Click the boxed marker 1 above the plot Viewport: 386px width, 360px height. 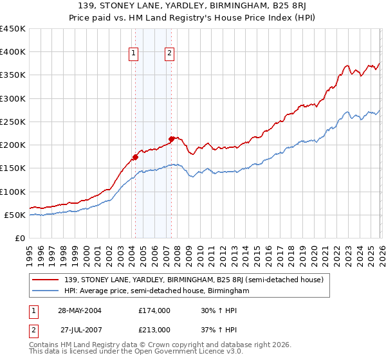click(134, 54)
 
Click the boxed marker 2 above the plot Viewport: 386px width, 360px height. click(169, 54)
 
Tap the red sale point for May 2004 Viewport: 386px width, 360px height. click(136, 156)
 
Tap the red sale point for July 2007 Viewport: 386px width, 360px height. click(172, 138)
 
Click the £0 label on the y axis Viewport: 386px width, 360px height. click(19, 238)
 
